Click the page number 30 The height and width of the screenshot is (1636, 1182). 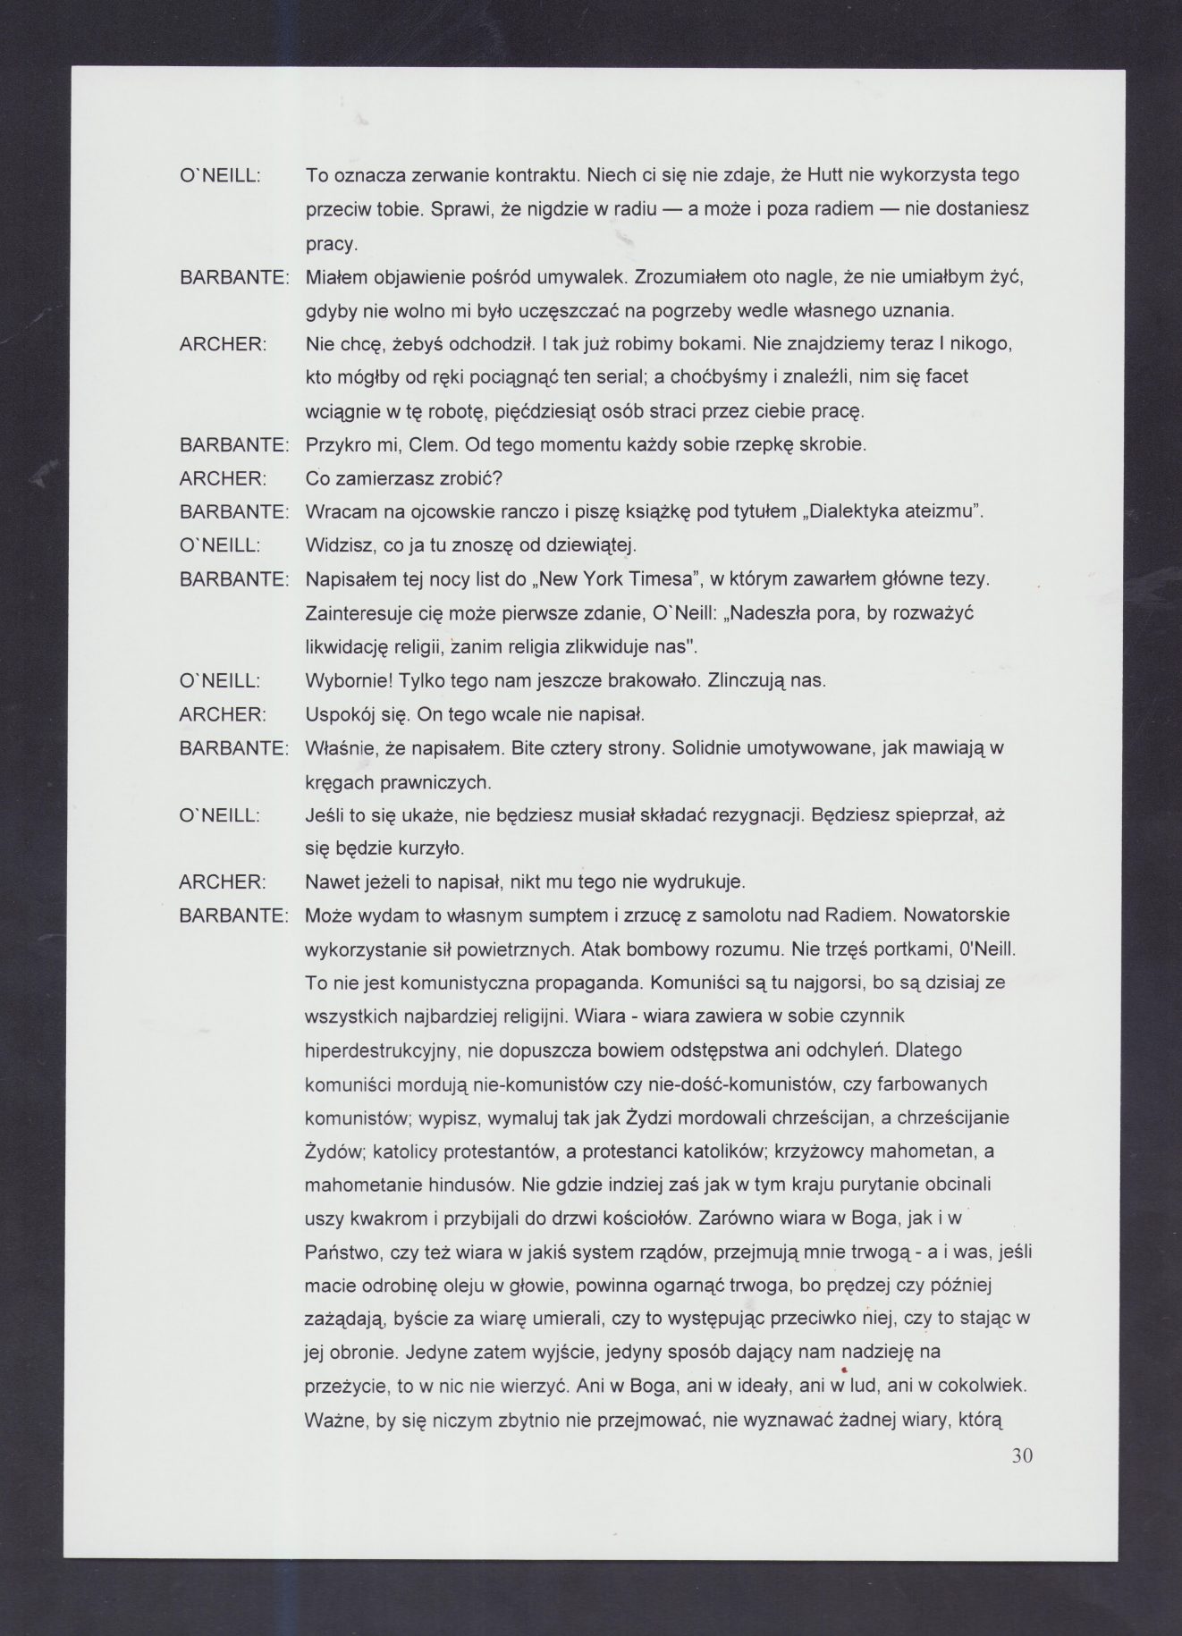pos(1022,1455)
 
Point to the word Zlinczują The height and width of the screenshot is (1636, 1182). pos(747,681)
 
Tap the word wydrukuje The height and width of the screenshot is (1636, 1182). pos(705,883)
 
